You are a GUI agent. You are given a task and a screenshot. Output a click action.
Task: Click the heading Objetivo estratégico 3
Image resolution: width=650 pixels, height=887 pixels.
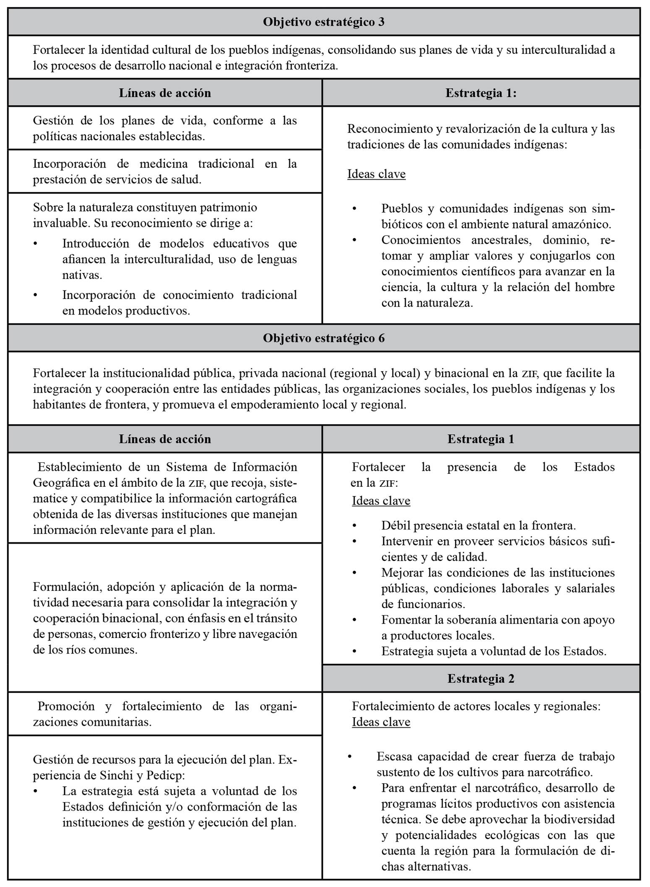point(324,22)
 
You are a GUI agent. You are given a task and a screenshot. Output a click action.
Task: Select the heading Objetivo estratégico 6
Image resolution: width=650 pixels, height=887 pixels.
point(324,338)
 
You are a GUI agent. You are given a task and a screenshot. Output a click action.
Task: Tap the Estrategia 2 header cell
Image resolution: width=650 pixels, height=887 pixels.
point(480,678)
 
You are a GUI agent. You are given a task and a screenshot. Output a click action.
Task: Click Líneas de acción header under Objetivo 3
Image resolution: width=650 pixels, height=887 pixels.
point(165,93)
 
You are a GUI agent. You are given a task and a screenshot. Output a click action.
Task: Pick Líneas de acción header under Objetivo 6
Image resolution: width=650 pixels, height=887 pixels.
point(165,439)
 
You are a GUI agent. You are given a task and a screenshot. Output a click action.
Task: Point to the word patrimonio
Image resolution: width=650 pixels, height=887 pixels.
point(227,207)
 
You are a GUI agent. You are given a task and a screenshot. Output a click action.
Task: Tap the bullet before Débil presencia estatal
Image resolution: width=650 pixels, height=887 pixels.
point(355,525)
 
